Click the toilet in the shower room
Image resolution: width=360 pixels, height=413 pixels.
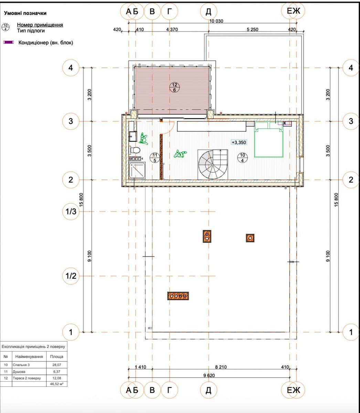tap(135, 150)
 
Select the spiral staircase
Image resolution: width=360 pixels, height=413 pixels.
tap(213, 164)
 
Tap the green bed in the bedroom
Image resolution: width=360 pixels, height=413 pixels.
tap(268, 139)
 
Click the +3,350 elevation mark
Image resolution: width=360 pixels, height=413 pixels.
tap(239, 142)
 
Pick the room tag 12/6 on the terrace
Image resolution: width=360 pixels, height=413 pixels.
tap(174, 87)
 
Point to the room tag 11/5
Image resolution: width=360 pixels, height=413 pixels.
tap(155, 158)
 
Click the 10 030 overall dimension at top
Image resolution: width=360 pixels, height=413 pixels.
tap(216, 21)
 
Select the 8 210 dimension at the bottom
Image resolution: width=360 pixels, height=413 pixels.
tap(221, 367)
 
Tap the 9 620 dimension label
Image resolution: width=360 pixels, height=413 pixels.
tap(209, 375)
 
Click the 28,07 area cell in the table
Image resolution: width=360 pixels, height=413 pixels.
tap(57, 365)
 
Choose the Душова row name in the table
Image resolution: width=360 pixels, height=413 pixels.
tap(19, 371)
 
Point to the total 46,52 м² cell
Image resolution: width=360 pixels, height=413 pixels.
tap(57, 384)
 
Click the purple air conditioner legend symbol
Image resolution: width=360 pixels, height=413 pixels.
tap(9, 42)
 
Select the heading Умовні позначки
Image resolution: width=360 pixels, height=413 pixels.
tap(25, 13)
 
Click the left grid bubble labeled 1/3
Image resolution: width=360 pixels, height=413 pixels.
tap(71, 212)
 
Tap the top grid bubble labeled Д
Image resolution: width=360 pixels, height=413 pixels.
tap(209, 11)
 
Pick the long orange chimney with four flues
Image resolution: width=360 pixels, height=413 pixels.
tap(178, 296)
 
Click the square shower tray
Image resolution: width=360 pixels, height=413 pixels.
tap(137, 171)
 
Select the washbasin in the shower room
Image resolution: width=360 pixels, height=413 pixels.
tap(133, 136)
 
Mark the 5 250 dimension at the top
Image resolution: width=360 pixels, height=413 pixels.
tap(252, 30)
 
